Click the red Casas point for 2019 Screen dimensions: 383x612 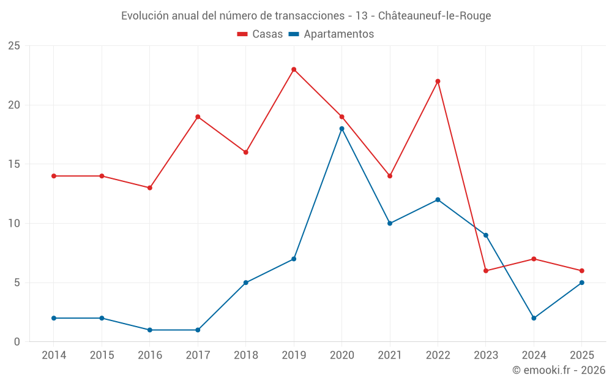(294, 69)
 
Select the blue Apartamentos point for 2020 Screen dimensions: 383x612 (341, 129)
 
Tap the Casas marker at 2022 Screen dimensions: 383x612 (438, 82)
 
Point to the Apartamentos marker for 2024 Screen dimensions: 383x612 (534, 318)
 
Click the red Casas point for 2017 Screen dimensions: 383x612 (198, 117)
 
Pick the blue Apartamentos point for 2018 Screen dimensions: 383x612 (245, 283)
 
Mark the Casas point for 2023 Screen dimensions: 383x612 (486, 271)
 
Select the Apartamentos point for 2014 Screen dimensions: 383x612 (54, 318)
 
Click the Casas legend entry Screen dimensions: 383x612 (260, 34)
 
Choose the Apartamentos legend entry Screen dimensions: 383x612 (331, 34)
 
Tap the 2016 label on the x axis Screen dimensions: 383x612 (150, 355)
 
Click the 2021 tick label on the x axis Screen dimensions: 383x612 (390, 355)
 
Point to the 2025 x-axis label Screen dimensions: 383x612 (581, 355)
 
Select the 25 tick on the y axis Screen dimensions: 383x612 (14, 46)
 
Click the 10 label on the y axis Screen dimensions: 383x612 (14, 224)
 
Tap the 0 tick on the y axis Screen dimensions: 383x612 (17, 342)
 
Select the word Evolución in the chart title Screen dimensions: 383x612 (144, 16)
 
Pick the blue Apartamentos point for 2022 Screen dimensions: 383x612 (438, 200)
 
